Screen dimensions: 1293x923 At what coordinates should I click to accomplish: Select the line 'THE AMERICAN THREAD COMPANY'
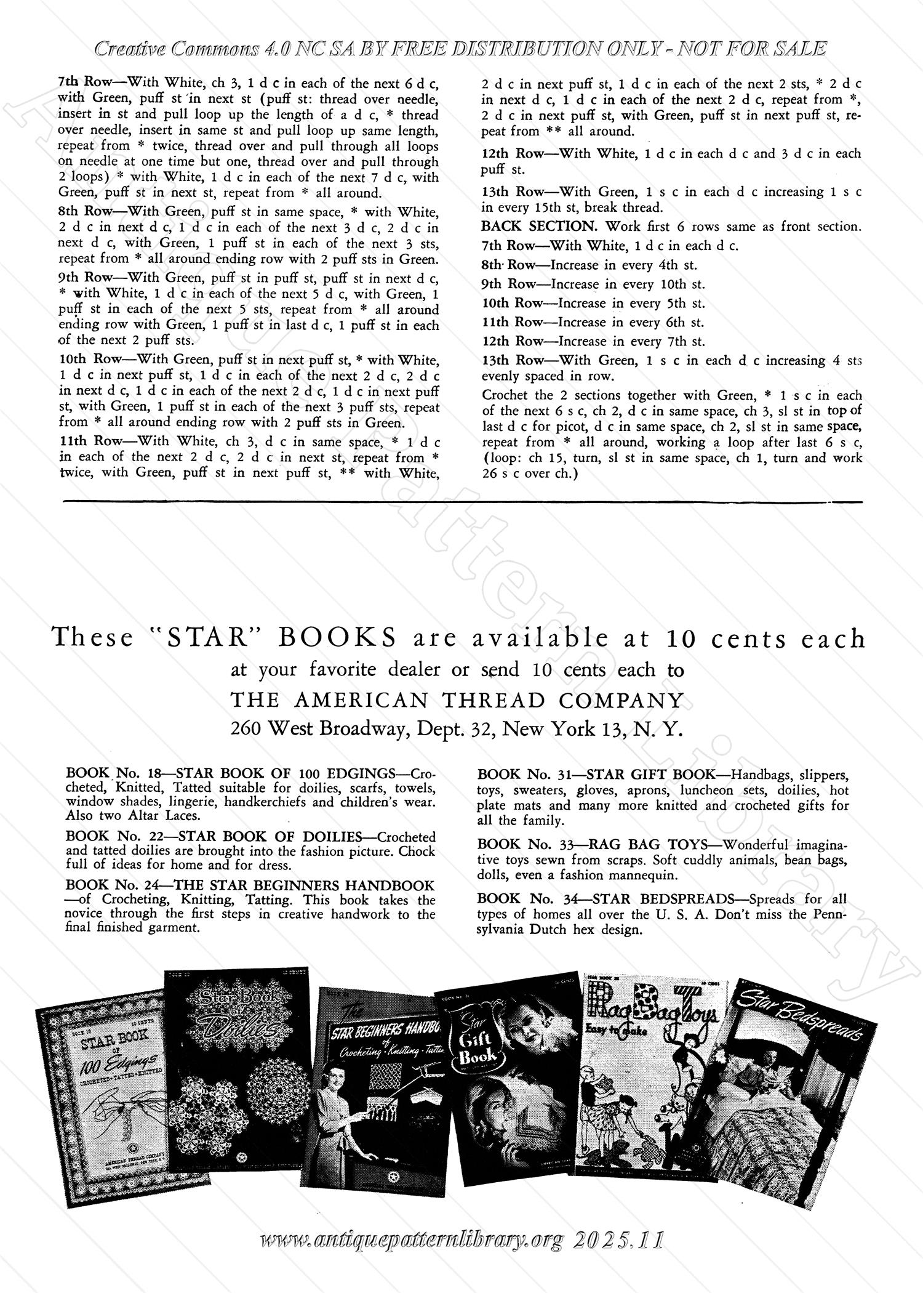click(457, 700)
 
